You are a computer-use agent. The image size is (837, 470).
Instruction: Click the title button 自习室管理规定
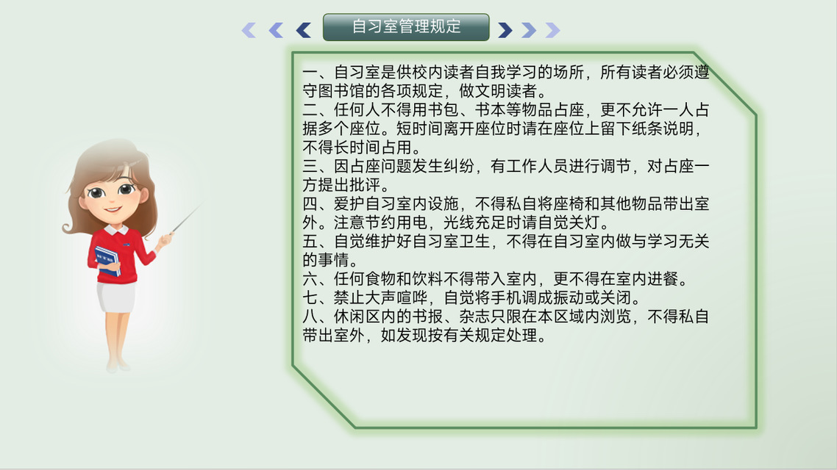[406, 27]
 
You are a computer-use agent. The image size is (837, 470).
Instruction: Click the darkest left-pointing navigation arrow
[304, 30]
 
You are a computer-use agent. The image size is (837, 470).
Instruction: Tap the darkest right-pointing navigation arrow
[505, 30]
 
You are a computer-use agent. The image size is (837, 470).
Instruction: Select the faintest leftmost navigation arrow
[249, 30]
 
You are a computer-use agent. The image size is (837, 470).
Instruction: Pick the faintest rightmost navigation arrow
[552, 30]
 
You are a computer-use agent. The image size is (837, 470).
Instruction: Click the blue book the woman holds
[107, 261]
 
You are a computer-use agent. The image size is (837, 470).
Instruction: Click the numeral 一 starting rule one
[310, 72]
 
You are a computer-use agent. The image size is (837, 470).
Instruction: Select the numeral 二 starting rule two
[310, 109]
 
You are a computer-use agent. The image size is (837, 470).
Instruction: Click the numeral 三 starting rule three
[310, 166]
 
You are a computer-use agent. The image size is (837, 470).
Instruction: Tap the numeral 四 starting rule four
[310, 203]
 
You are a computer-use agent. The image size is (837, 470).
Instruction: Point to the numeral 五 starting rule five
[310, 242]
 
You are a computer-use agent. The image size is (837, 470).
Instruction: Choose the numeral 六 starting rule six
[310, 279]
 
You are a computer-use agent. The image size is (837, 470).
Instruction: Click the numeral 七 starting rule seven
[310, 297]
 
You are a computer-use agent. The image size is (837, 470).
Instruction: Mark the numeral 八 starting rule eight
[310, 317]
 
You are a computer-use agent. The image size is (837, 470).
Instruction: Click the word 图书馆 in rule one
[341, 90]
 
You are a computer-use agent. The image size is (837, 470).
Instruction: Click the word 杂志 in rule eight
[474, 317]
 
